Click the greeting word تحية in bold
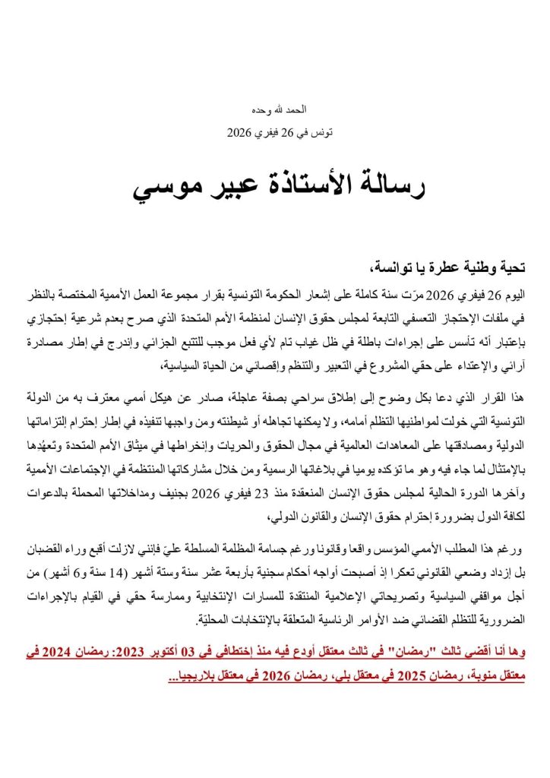tap(513, 267)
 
